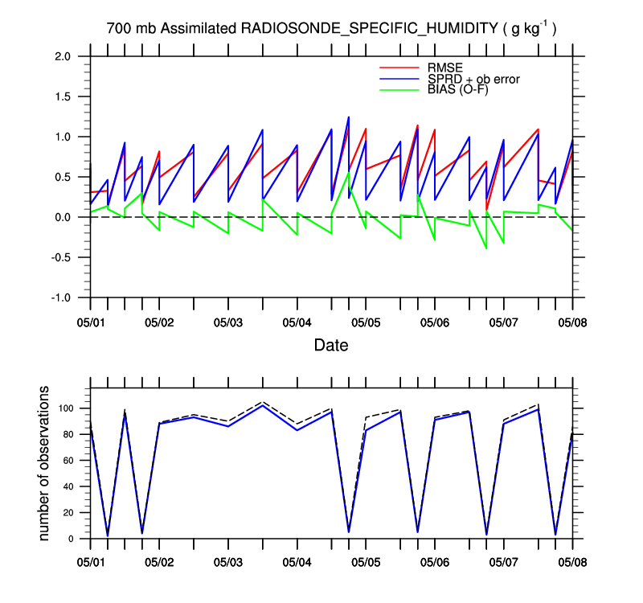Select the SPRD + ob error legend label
click(x=474, y=79)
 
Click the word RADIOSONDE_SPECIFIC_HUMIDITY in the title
click(x=370, y=29)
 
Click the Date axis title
click(x=331, y=345)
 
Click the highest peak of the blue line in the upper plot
click(x=349, y=117)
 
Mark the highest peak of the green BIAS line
click(x=349, y=173)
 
